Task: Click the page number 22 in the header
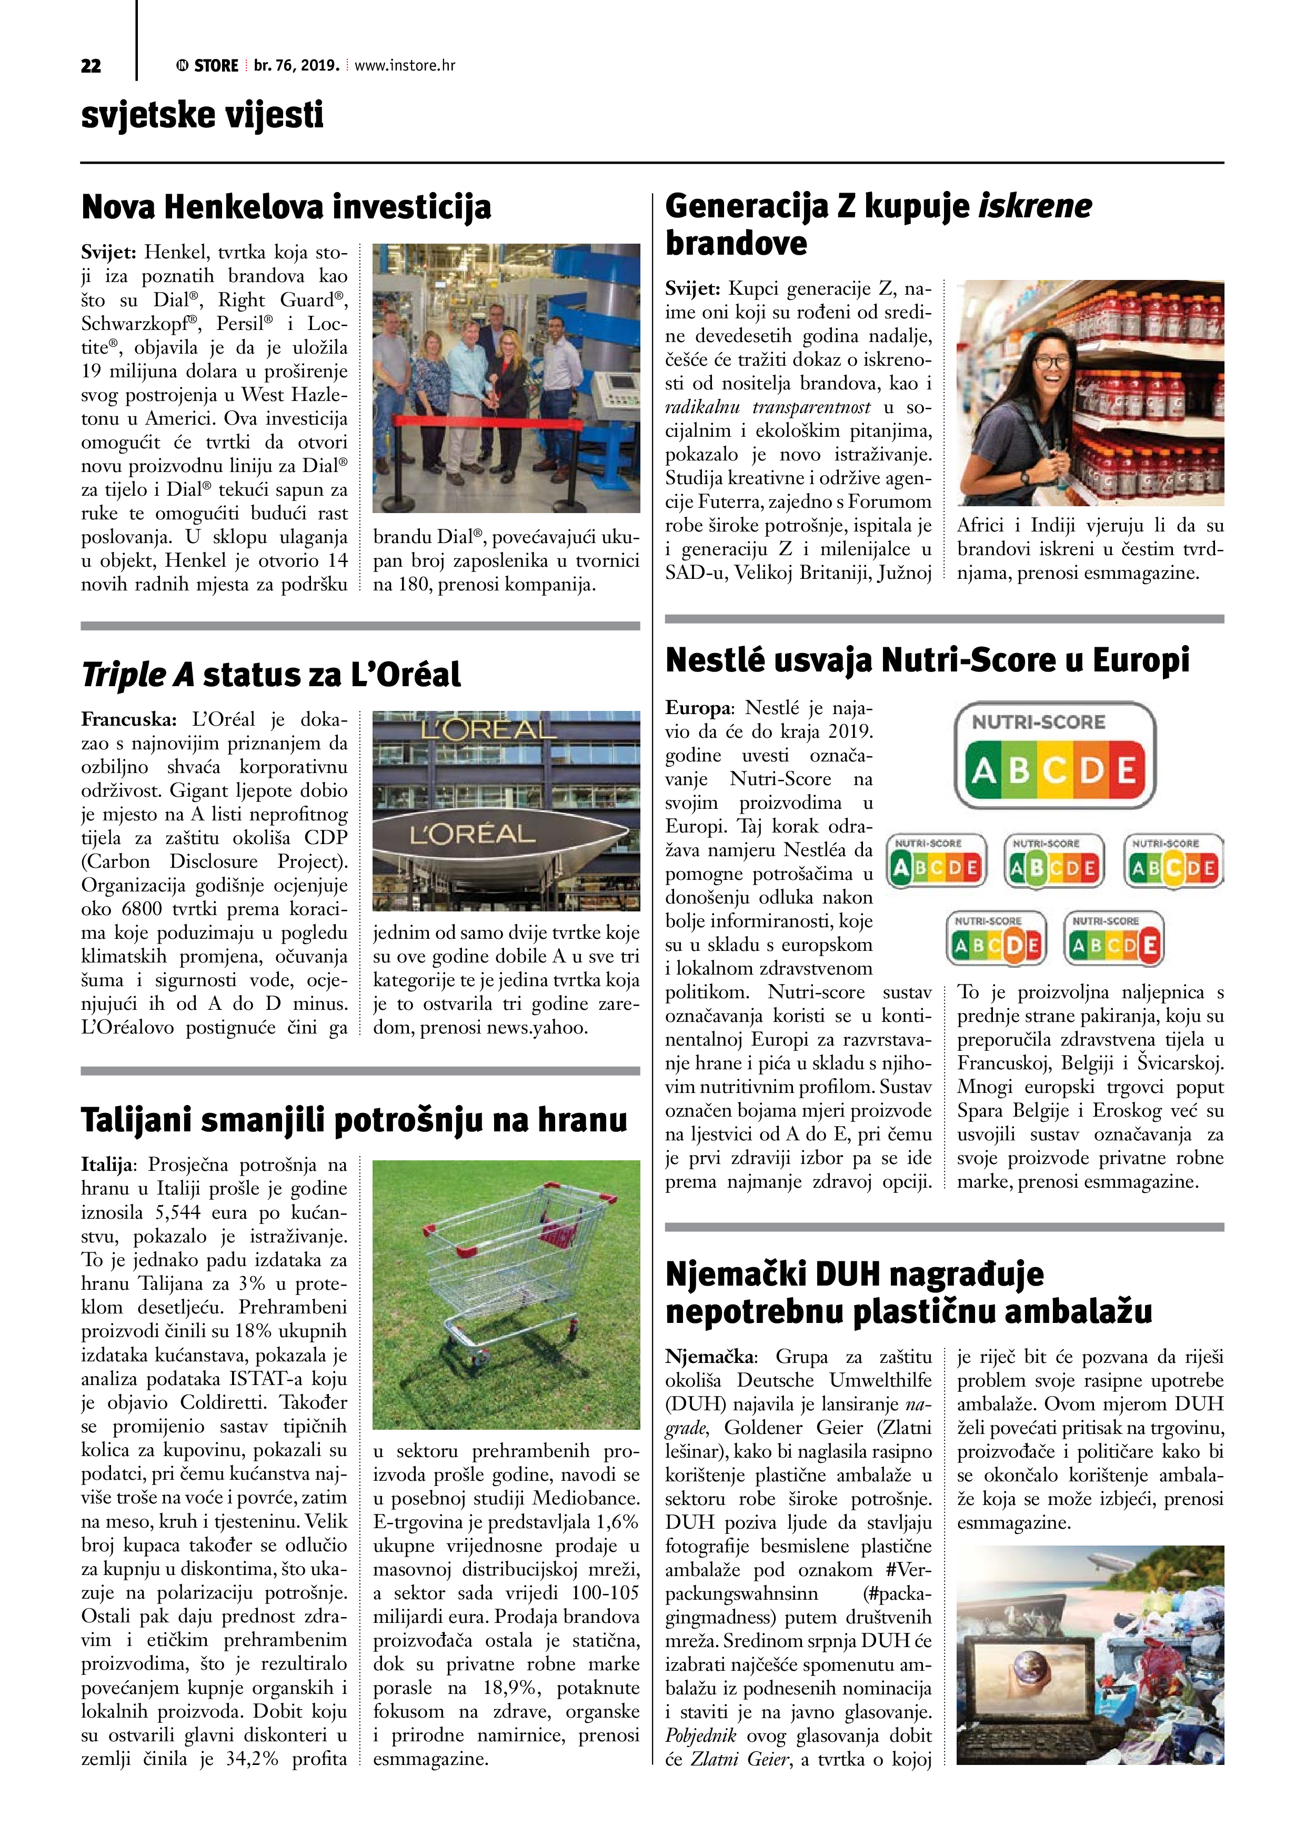click(91, 66)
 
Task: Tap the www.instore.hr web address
click(405, 66)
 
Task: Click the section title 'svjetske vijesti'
click(202, 115)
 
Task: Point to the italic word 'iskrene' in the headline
click(1035, 206)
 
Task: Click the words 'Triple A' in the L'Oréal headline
click(137, 675)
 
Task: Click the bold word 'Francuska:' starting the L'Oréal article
click(128, 719)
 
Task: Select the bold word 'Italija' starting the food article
click(108, 1165)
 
